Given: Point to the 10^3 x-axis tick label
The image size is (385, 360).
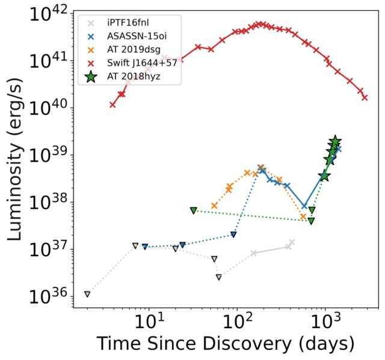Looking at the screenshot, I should click(x=325, y=323).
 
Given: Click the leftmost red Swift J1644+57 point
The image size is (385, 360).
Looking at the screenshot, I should click(x=112, y=105).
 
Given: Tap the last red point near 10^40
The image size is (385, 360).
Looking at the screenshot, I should click(x=365, y=97).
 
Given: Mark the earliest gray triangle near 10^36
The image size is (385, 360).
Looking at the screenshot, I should click(x=87, y=294).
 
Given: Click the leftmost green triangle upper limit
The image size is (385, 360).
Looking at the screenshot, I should click(x=194, y=210).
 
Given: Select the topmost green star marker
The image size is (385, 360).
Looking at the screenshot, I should click(x=336, y=141).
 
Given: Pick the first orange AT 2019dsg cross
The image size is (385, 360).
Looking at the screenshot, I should click(x=214, y=206).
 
